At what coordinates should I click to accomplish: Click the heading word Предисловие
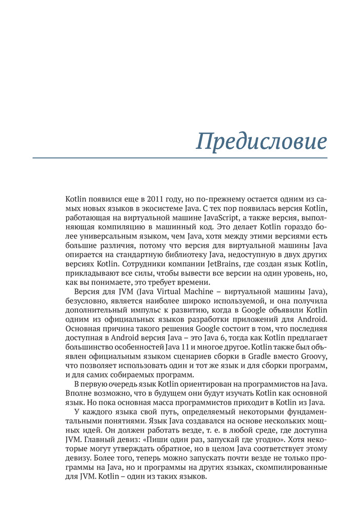(261, 141)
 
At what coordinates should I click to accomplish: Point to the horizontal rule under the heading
(180, 158)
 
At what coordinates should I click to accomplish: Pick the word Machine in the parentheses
(195, 292)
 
